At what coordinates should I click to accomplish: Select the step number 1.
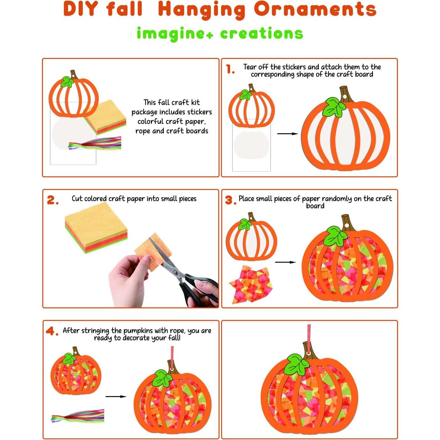pos(230,69)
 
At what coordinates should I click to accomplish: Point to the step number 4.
pos(52,331)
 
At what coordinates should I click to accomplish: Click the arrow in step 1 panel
pos(287,134)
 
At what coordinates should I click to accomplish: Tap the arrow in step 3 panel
pos(285,262)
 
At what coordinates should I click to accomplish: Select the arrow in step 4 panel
pos(116,396)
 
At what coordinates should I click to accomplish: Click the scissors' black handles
pos(199,288)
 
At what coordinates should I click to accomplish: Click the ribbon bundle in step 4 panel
pos(78,416)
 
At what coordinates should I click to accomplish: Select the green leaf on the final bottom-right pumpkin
pos(296,364)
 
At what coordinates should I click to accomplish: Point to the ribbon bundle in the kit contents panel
pos(95,144)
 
